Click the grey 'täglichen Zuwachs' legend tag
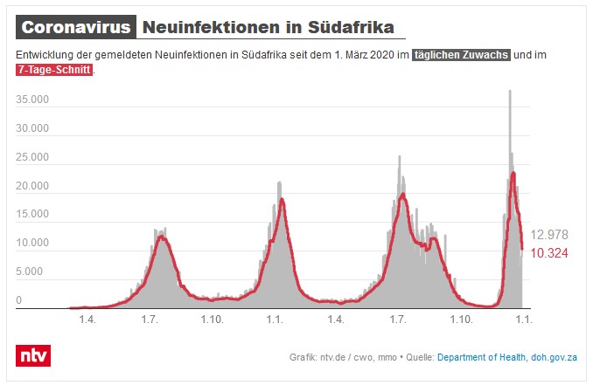462,55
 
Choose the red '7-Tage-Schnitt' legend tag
53,70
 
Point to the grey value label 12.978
549,234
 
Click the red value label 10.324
549,252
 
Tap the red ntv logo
33,355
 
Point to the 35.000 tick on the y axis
32,100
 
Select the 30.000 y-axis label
32,129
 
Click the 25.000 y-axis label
32,157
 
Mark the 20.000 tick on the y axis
32,186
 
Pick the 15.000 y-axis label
32,215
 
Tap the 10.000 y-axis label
32,244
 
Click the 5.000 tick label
31,272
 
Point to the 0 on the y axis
19,300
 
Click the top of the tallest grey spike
510,91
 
